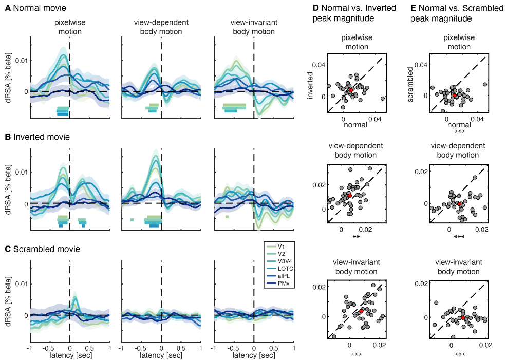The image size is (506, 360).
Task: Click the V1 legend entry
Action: coord(282,247)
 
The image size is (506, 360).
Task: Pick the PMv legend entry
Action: coord(282,282)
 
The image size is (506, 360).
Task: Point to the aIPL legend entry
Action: coord(282,275)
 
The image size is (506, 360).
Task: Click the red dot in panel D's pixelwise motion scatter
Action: coord(351,90)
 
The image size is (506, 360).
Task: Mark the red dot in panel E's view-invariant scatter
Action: coord(463,318)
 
